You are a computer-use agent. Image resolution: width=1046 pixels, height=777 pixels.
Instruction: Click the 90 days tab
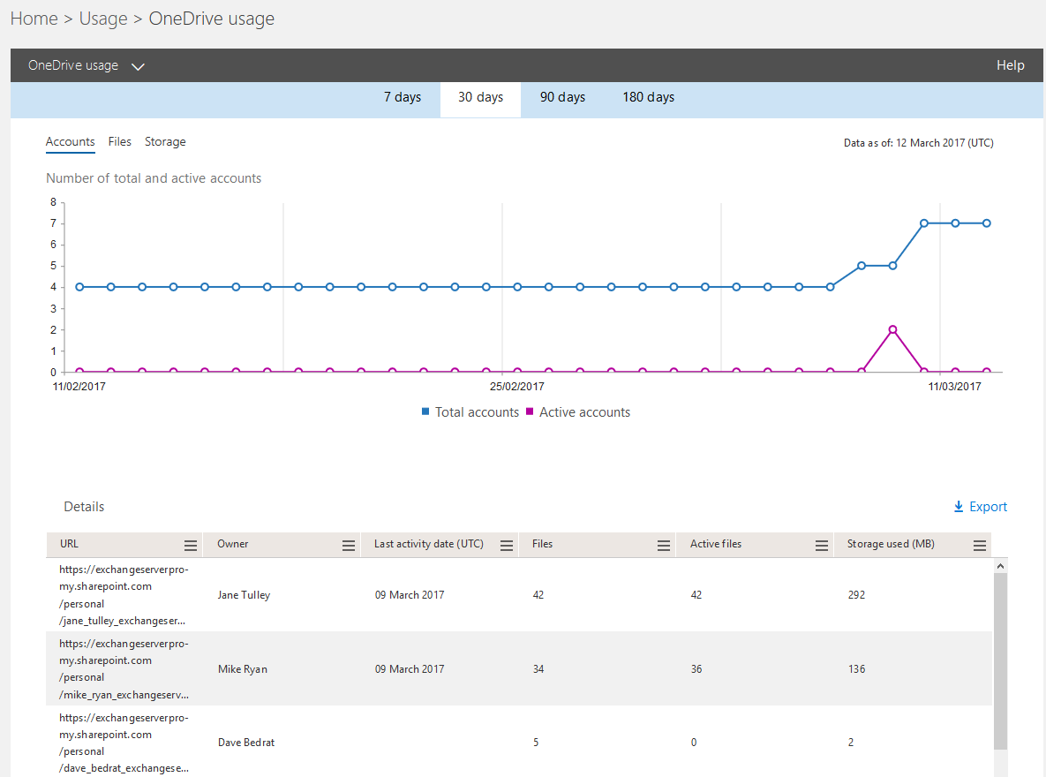click(x=562, y=97)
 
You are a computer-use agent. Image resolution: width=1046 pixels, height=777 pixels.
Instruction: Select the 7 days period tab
click(x=402, y=97)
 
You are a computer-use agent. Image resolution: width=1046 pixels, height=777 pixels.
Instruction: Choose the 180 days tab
click(x=648, y=97)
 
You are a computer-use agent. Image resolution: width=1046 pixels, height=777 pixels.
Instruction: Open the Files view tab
click(x=119, y=141)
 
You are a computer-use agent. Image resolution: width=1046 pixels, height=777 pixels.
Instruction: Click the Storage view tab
click(x=165, y=141)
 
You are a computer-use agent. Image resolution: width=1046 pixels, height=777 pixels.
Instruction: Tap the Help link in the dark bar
click(x=1010, y=65)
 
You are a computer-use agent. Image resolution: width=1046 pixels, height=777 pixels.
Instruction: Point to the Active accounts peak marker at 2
click(x=892, y=329)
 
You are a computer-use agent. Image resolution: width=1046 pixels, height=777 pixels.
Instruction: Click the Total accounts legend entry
click(x=470, y=412)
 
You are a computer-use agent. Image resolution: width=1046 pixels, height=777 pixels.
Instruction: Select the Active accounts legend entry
click(x=577, y=412)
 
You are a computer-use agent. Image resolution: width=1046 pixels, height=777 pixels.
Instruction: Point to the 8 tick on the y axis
click(x=53, y=202)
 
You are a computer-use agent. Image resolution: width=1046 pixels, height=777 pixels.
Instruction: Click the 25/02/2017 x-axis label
click(x=517, y=387)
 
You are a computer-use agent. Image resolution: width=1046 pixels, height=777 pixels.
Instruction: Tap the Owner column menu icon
click(x=349, y=546)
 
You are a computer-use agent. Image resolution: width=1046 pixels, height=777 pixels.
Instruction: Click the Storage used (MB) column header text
click(x=891, y=544)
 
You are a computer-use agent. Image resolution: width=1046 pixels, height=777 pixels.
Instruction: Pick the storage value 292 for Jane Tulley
click(x=856, y=595)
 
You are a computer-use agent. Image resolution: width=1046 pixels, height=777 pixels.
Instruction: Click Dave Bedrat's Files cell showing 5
click(x=536, y=743)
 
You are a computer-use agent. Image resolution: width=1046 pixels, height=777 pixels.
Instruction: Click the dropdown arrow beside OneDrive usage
click(x=138, y=66)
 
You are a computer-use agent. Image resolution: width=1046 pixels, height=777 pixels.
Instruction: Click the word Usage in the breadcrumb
click(x=103, y=19)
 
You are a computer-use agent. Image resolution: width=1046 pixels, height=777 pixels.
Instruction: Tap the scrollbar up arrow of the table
click(x=1000, y=566)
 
